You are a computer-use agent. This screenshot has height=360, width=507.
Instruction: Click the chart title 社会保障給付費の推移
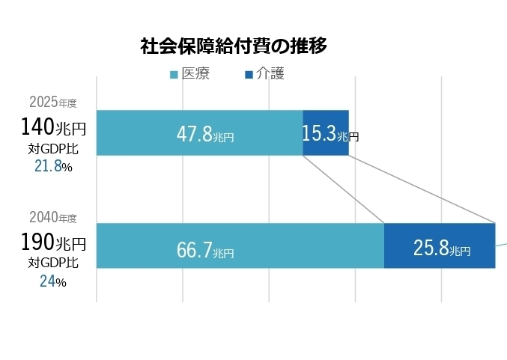point(234,46)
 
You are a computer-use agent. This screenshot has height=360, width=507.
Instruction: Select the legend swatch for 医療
point(174,74)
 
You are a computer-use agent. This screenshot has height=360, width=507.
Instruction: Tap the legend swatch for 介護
point(249,74)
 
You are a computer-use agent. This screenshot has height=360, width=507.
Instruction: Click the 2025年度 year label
point(53,102)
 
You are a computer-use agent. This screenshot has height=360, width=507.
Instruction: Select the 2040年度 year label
point(53,218)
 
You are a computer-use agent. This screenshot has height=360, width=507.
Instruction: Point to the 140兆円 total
point(53,128)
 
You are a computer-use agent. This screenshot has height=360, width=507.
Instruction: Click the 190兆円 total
point(53,243)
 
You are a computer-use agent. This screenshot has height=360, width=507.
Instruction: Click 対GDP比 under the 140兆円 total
point(53,148)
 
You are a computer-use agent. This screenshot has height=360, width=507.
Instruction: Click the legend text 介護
point(270,73)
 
